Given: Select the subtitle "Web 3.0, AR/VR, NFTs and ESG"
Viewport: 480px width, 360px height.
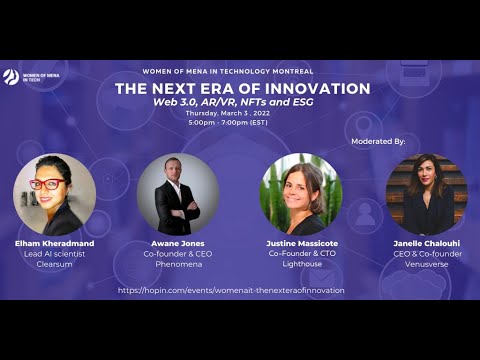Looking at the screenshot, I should (x=229, y=103).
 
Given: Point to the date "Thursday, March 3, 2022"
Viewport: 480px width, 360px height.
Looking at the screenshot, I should (x=229, y=114).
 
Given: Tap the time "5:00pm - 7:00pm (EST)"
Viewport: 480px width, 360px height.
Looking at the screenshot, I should (x=229, y=123).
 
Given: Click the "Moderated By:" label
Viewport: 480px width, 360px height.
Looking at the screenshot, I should (x=378, y=142).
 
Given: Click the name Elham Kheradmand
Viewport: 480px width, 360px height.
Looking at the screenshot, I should (x=54, y=244).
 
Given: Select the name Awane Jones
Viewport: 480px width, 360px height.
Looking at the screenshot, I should (x=177, y=244).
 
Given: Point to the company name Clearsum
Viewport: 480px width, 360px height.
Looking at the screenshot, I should (x=54, y=265).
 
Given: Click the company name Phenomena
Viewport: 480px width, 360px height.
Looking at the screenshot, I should (x=177, y=265).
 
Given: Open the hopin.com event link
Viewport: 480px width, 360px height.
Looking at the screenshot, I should (x=231, y=290).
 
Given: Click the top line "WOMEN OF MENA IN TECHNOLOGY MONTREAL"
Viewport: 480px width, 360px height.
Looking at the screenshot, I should (x=229, y=72).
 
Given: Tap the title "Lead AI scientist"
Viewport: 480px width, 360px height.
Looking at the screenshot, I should (x=54, y=255).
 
